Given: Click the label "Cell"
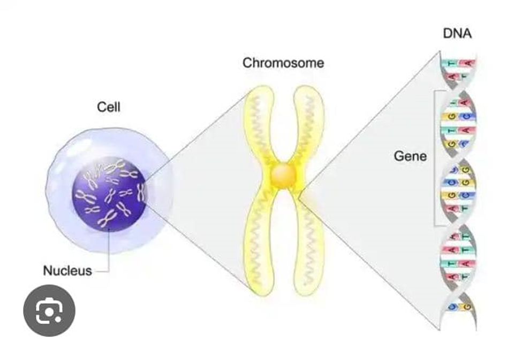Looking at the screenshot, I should pos(109,107).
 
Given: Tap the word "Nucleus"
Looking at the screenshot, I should pos(67,271).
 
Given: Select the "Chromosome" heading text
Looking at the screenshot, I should pos(283,63).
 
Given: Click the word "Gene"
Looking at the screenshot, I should pos(411,156).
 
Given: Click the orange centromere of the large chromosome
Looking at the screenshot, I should pos(282,175).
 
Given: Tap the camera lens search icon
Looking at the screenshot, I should pos(49,311).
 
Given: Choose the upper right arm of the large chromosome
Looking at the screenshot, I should pos(308,123).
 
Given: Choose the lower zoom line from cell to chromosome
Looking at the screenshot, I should pos(198,241).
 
